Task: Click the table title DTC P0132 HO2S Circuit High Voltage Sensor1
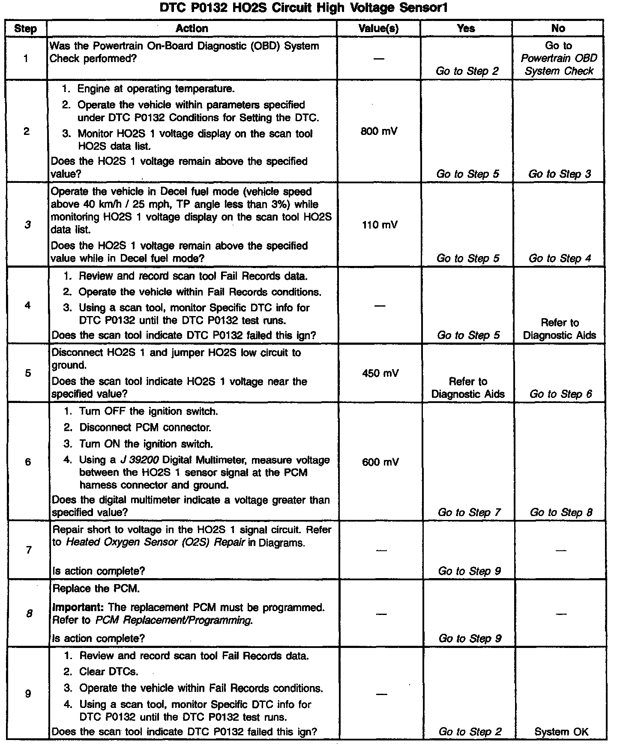point(303,8)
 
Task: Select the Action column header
point(192,28)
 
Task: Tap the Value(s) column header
point(378,28)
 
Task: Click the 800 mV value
point(379,131)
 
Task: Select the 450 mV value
point(380,373)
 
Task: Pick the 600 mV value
point(380,462)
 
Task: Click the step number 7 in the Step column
point(28,550)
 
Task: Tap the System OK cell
point(561,732)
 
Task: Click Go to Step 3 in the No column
point(560,174)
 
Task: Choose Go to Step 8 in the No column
point(561,512)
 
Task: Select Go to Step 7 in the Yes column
point(469,512)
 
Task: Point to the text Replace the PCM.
point(96,588)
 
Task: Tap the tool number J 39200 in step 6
point(140,460)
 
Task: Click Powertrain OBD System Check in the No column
point(559,64)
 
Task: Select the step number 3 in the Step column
point(27,224)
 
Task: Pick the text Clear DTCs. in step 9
point(109,671)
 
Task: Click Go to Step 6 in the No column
point(560,394)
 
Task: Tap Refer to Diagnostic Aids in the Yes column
point(468,388)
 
